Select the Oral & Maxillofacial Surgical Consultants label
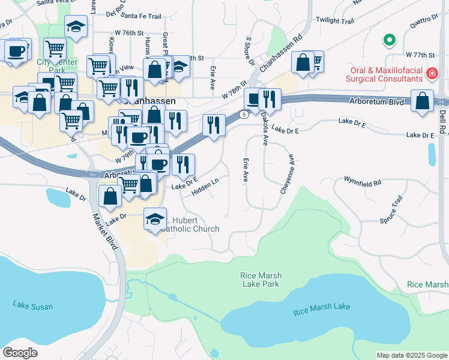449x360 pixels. click(x=384, y=74)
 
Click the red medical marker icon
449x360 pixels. click(x=431, y=74)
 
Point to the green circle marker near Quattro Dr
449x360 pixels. click(x=390, y=41)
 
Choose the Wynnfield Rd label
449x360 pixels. click(x=363, y=181)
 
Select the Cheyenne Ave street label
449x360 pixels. click(x=288, y=176)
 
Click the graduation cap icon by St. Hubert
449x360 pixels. click(x=155, y=220)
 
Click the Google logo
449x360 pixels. click(x=20, y=352)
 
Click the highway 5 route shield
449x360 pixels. click(x=244, y=114)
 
